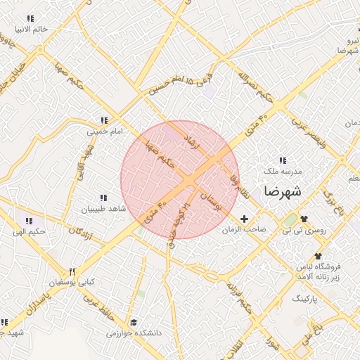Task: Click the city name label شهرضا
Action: (x=283, y=191)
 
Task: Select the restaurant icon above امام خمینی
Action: (x=105, y=120)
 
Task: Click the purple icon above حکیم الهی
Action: (x=28, y=221)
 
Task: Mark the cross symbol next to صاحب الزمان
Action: (x=245, y=219)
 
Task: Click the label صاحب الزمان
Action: (x=243, y=230)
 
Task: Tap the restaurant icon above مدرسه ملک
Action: (x=283, y=161)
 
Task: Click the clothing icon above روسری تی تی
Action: (x=304, y=218)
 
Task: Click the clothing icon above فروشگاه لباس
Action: (x=318, y=256)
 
